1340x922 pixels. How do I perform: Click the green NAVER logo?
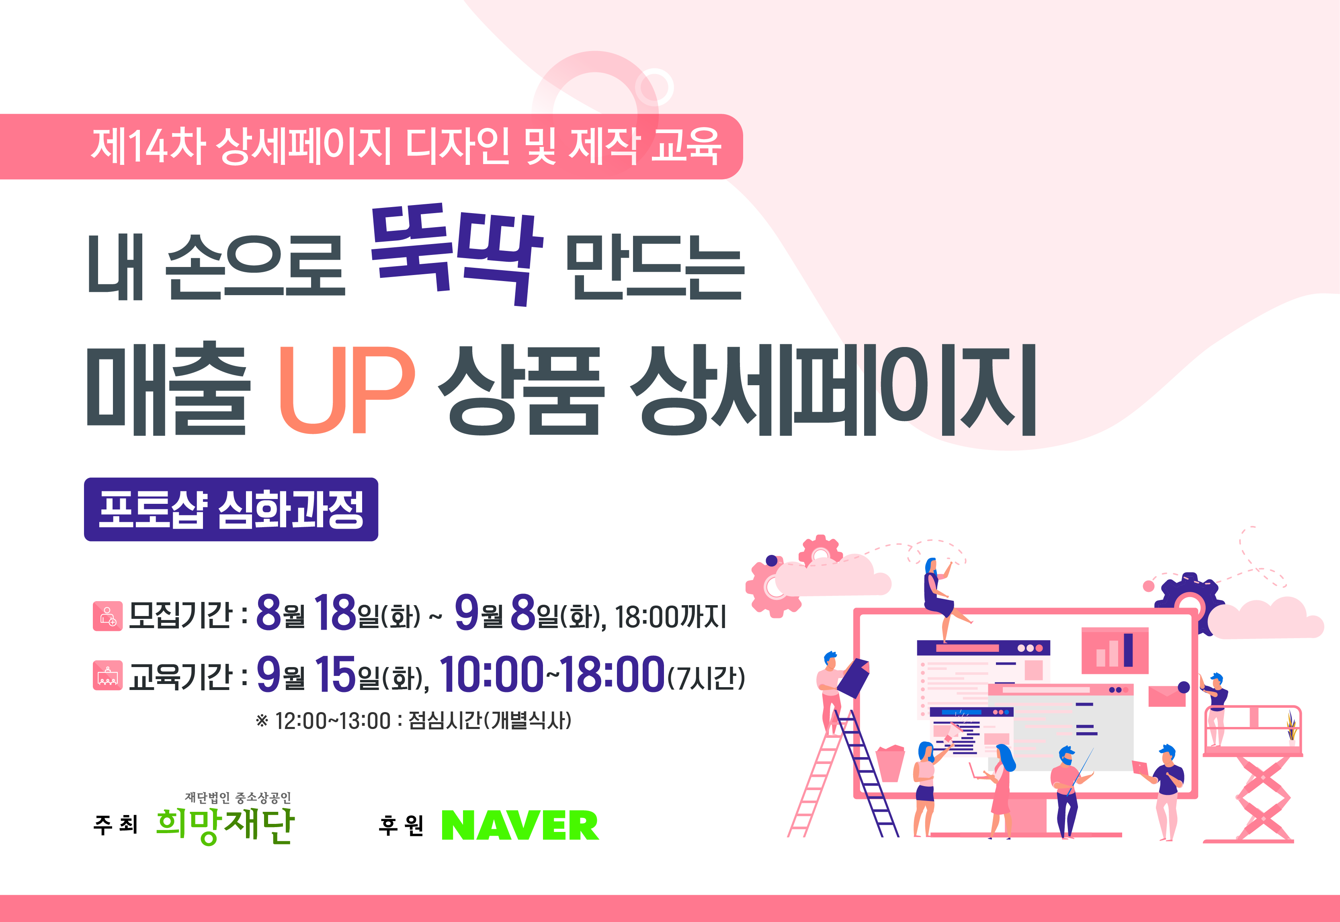[x=520, y=825]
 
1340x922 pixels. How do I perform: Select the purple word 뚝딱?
[x=456, y=254]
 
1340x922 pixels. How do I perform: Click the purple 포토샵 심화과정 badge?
[x=231, y=509]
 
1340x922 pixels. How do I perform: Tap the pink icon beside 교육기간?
[x=107, y=676]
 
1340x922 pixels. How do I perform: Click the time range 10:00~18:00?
[x=552, y=674]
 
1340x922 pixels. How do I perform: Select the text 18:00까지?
[x=670, y=616]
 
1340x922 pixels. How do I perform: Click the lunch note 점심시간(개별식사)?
[x=490, y=721]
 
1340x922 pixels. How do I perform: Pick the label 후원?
[x=401, y=825]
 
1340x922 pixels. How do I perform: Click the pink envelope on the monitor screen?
[x=1167, y=696]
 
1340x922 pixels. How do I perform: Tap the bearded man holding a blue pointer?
[x=1068, y=791]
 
